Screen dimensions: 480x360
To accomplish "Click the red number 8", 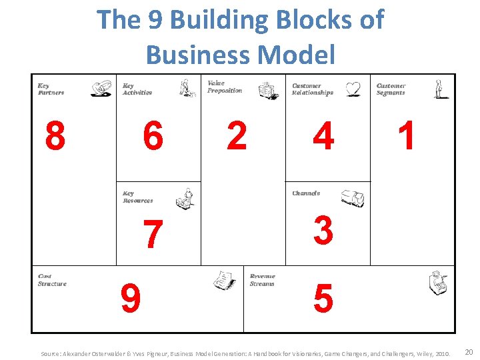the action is pyautogui.click(x=55, y=137).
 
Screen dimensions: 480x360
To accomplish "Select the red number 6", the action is pyautogui.click(x=153, y=137).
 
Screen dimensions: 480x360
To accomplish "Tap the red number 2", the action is pyautogui.click(x=237, y=136).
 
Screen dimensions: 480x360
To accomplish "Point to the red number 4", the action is pyautogui.click(x=323, y=137).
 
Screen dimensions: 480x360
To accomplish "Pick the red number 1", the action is pyautogui.click(x=406, y=136).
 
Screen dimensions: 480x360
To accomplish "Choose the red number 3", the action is pyautogui.click(x=323, y=231).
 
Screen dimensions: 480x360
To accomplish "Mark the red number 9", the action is pyautogui.click(x=131, y=299).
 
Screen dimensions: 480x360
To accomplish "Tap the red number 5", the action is pyautogui.click(x=323, y=299).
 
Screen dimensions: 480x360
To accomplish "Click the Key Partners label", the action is pyautogui.click(x=51, y=89).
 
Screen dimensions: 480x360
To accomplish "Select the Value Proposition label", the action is pyautogui.click(x=225, y=87).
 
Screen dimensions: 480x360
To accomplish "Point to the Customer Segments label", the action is pyautogui.click(x=391, y=89).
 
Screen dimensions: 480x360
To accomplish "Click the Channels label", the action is pyautogui.click(x=306, y=193).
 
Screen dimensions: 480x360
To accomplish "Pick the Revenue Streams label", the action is pyautogui.click(x=262, y=280).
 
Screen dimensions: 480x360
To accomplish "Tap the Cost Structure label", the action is pyautogui.click(x=52, y=280).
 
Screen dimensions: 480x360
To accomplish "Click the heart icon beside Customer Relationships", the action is pyautogui.click(x=353, y=89).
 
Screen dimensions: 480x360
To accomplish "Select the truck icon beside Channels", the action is pyautogui.click(x=352, y=198).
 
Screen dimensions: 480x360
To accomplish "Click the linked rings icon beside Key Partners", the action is pyautogui.click(x=101, y=89).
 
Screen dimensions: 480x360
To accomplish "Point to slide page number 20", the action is pyautogui.click(x=469, y=351).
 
